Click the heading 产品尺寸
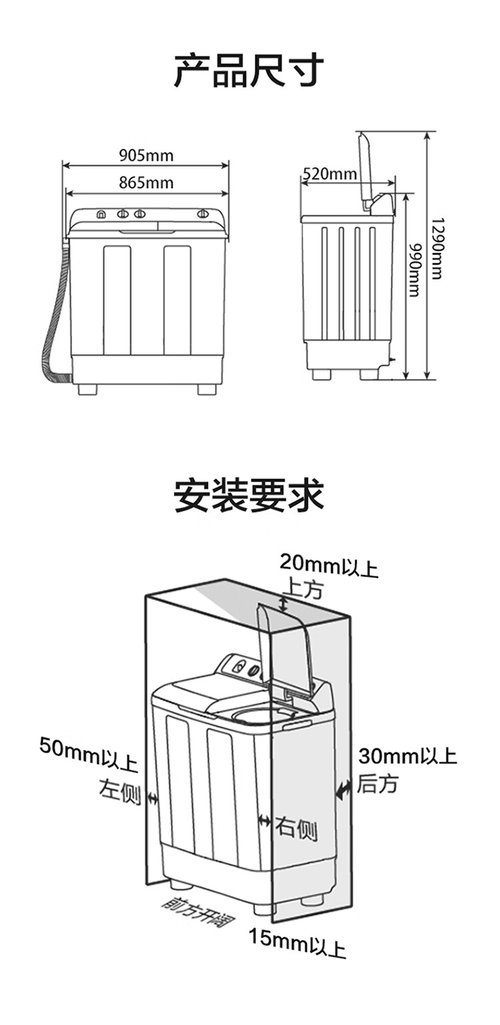(x=249, y=71)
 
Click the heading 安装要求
(x=249, y=496)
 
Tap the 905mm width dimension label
(x=146, y=156)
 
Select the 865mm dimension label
(x=146, y=182)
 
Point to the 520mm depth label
(x=329, y=175)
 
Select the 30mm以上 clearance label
(x=407, y=756)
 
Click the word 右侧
(x=296, y=830)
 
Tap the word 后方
(x=377, y=784)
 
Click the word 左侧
(x=120, y=792)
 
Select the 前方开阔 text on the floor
(x=197, y=914)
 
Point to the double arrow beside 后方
(x=343, y=791)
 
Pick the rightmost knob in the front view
(x=203, y=214)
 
